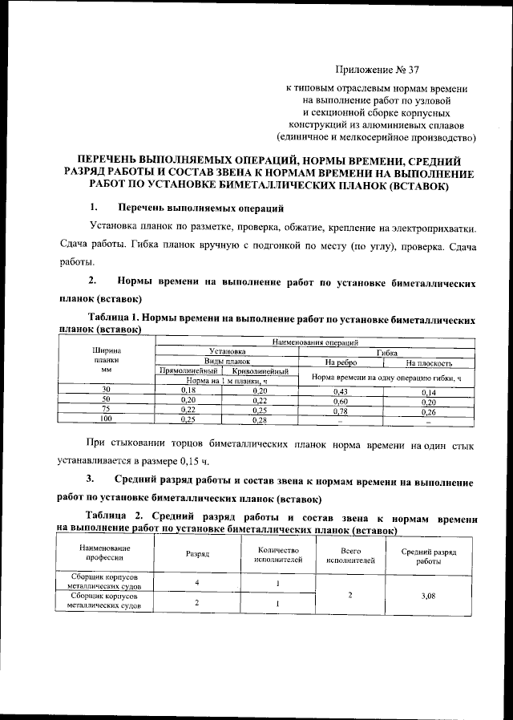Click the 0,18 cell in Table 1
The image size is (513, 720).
[187, 390]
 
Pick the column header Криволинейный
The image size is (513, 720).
[259, 371]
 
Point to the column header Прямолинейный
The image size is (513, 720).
[188, 371]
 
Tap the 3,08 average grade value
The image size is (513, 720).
[433, 596]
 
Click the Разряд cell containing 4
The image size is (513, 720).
[196, 582]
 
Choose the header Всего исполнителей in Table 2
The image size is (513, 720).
[349, 555]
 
